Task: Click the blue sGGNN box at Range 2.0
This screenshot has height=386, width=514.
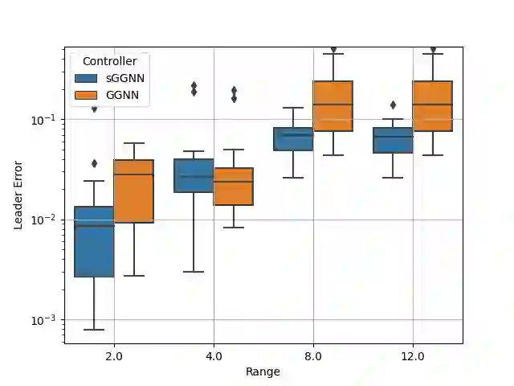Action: click(x=94, y=241)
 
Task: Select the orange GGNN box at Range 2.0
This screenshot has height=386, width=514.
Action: click(x=133, y=191)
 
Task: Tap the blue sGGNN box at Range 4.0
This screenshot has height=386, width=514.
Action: click(x=194, y=175)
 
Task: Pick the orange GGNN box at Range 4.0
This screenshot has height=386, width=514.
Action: click(x=233, y=187)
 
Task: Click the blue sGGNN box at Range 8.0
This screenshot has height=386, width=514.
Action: click(x=293, y=139)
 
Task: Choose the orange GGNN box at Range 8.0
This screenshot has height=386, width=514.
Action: click(x=332, y=106)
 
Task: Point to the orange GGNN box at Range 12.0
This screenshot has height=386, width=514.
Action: click(x=432, y=106)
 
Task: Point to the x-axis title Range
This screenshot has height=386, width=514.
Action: click(x=263, y=372)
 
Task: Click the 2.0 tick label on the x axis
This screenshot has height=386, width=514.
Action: click(x=114, y=355)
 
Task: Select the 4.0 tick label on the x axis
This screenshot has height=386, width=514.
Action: click(x=214, y=355)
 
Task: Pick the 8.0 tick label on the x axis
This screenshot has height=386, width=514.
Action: click(x=313, y=355)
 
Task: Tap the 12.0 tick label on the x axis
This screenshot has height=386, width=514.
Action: click(x=413, y=355)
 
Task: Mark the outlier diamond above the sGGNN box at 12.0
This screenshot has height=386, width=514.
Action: click(x=393, y=105)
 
